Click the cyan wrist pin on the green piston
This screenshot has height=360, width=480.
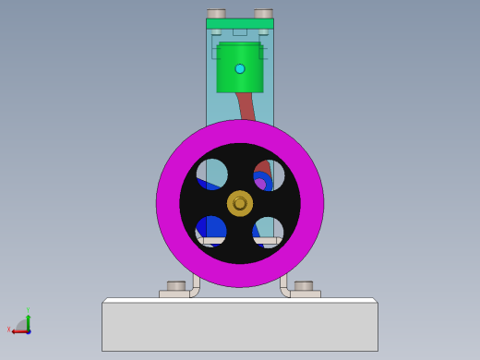point(240,68)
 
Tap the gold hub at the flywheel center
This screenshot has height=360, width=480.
point(240,203)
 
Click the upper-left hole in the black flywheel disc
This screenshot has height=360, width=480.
point(211,174)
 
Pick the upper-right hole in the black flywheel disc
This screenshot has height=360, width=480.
point(269,174)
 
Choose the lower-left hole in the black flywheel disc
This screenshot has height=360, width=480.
point(211,231)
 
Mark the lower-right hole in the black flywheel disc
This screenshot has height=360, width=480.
point(269,231)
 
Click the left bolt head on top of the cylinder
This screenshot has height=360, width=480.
point(216,14)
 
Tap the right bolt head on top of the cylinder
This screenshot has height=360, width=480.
point(264,14)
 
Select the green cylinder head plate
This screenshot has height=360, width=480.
point(240,23)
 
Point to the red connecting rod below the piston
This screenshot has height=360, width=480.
point(245,105)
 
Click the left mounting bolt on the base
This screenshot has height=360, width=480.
point(175,286)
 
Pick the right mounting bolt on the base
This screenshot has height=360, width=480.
point(303,286)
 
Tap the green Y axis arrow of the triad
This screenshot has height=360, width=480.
point(28,318)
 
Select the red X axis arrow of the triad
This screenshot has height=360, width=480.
point(16,330)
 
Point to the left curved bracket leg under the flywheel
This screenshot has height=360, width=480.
point(195,284)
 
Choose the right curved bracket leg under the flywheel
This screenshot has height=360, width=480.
point(284,284)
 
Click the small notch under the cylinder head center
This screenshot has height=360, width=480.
point(240,32)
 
